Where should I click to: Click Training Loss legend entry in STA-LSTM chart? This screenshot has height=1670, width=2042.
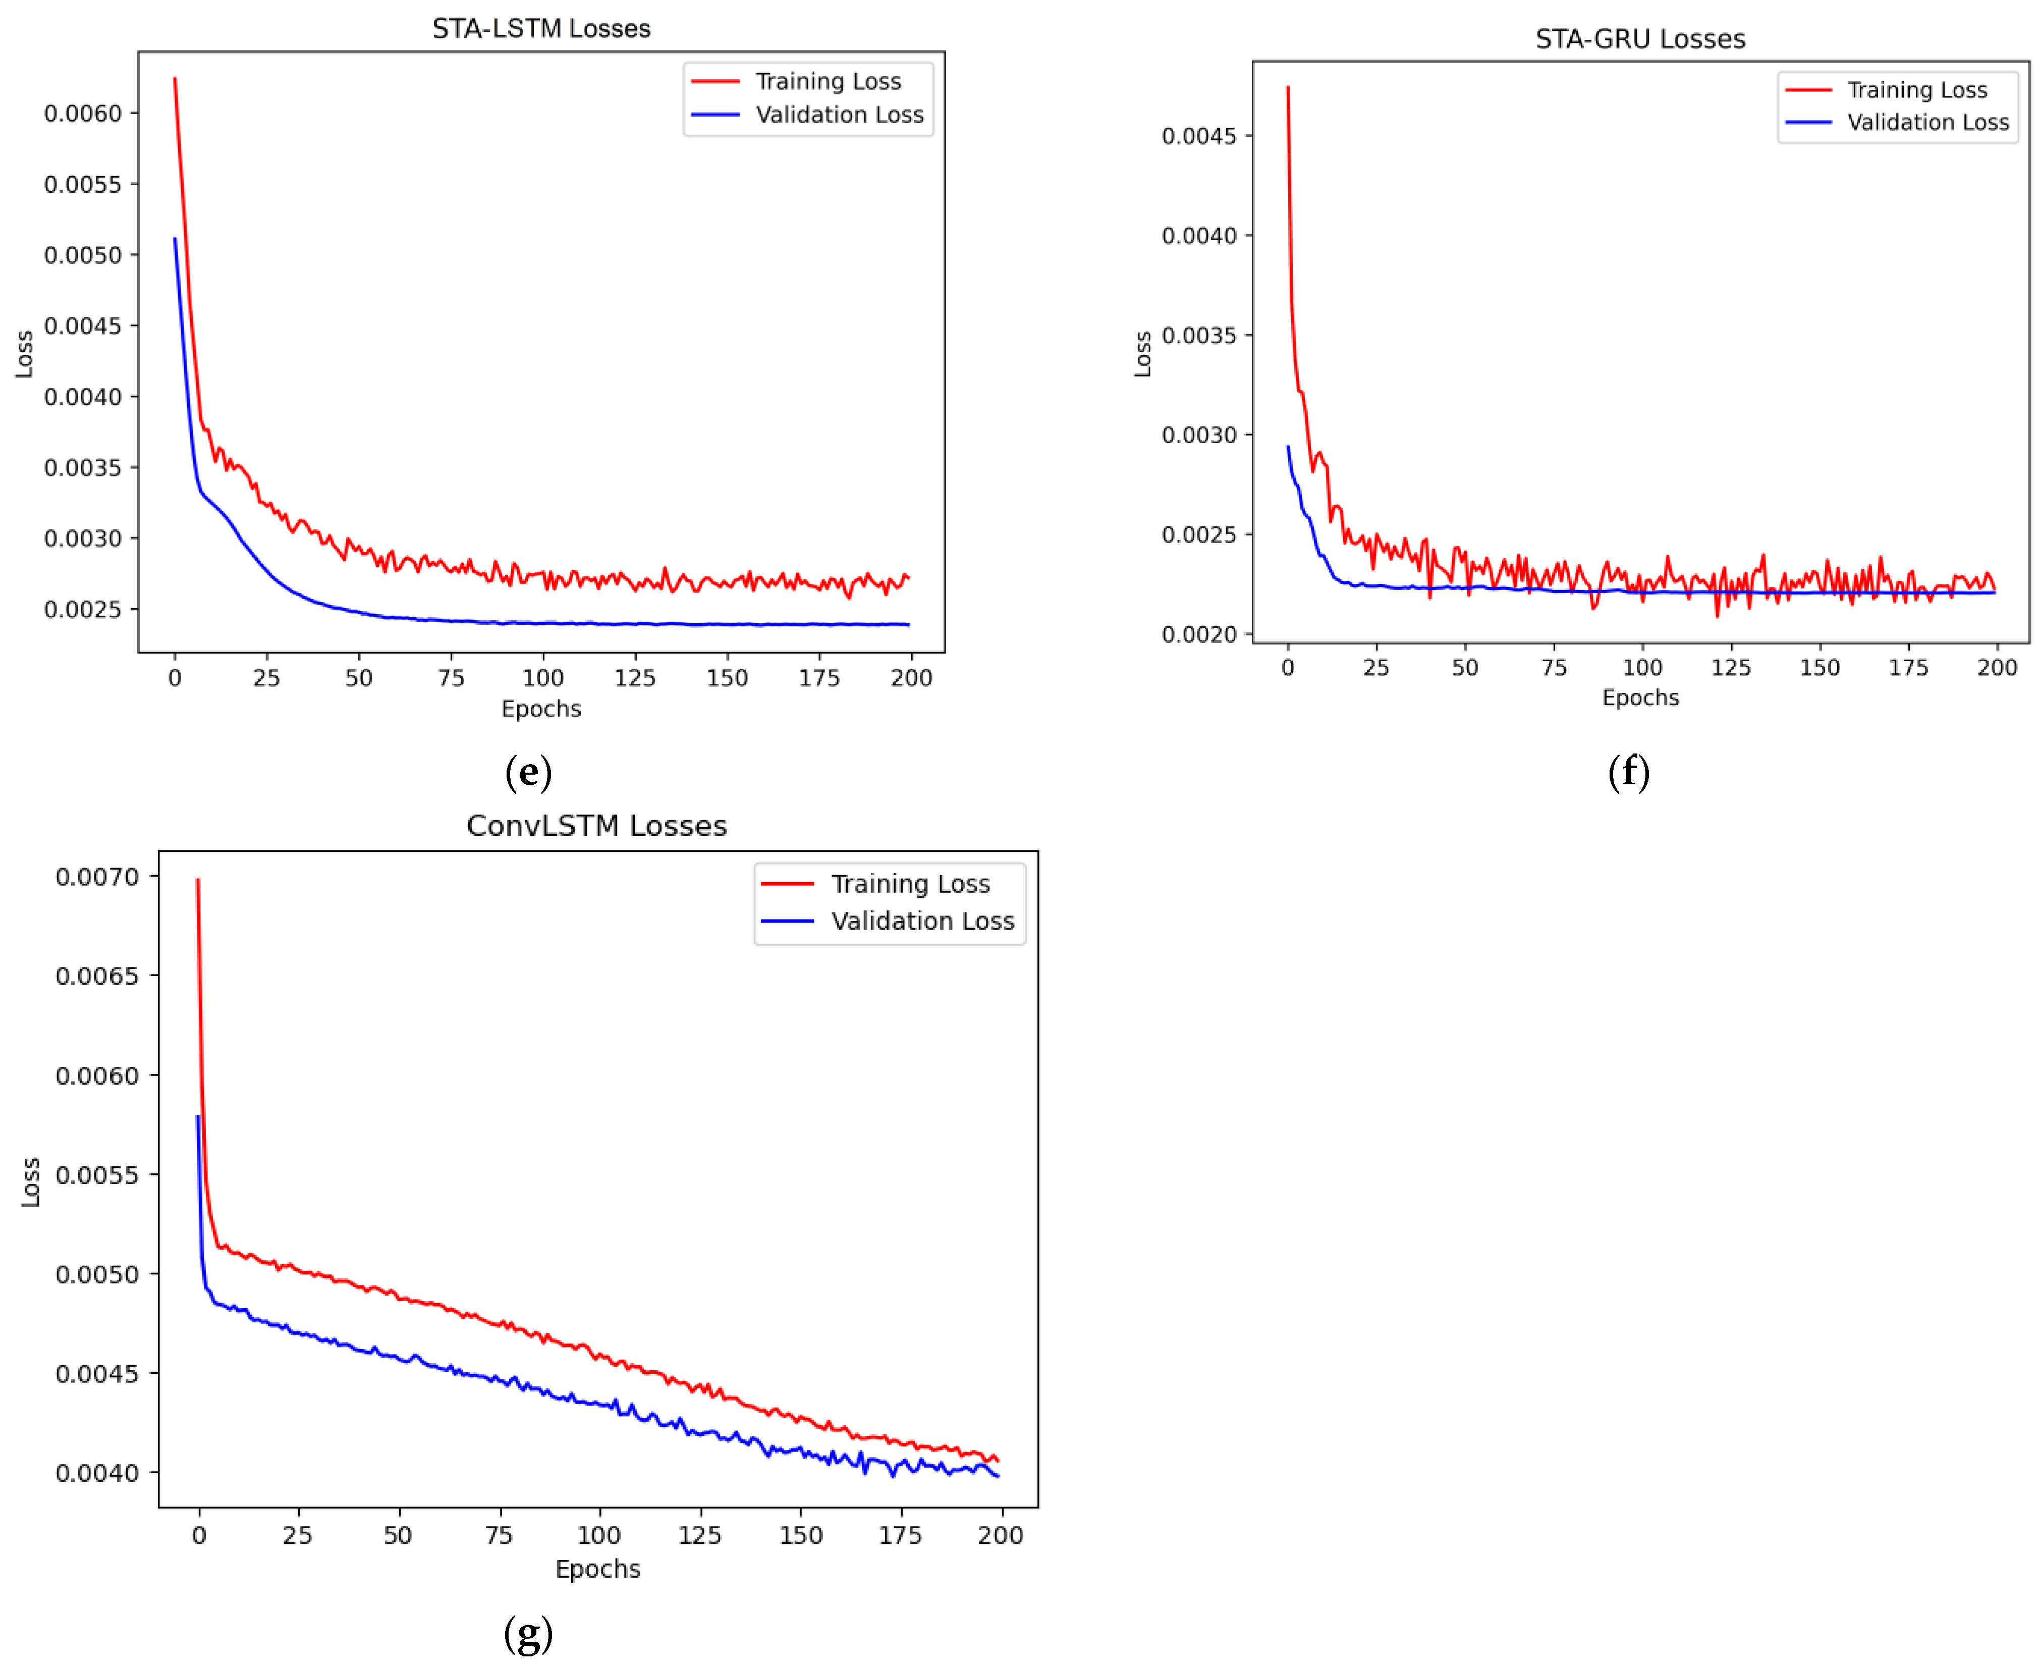827,82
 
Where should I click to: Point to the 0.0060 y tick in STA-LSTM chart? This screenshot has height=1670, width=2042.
84,114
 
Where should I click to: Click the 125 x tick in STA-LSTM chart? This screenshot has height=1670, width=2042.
635,678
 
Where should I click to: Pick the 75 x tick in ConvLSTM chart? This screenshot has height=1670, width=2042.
498,1535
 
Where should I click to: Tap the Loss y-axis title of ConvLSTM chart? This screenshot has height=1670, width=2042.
31,1181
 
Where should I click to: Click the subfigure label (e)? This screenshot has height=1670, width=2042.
528,773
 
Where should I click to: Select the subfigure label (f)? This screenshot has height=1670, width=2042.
1628,773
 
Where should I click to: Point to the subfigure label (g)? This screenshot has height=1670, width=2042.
528,1634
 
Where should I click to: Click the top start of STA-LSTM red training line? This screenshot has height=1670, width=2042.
174,79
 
